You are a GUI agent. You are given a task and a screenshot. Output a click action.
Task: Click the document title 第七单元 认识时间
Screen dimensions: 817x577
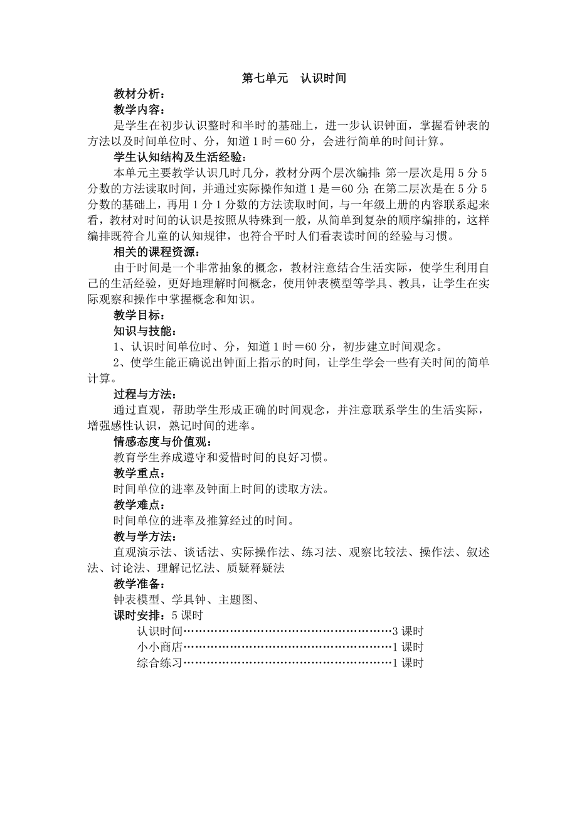[294, 78]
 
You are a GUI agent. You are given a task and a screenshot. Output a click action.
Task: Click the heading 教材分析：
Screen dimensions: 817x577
[140, 94]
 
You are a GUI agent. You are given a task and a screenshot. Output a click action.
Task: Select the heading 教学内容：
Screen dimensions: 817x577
[140, 110]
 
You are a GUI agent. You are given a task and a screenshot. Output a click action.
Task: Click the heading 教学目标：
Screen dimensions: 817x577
[140, 315]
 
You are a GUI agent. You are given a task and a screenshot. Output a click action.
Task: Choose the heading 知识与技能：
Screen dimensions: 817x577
[145, 331]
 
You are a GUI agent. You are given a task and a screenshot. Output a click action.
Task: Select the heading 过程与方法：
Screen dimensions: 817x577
[145, 394]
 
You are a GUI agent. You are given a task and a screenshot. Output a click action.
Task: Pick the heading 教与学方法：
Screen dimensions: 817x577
[145, 536]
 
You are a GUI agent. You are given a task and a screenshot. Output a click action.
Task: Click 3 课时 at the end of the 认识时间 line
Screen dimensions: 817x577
[408, 631]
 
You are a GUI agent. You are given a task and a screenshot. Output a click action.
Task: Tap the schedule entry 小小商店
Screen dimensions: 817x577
[159, 647]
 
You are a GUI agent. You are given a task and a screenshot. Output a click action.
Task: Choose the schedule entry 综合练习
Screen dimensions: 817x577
[159, 663]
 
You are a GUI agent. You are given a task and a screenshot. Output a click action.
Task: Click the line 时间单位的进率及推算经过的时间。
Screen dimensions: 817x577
[204, 520]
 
